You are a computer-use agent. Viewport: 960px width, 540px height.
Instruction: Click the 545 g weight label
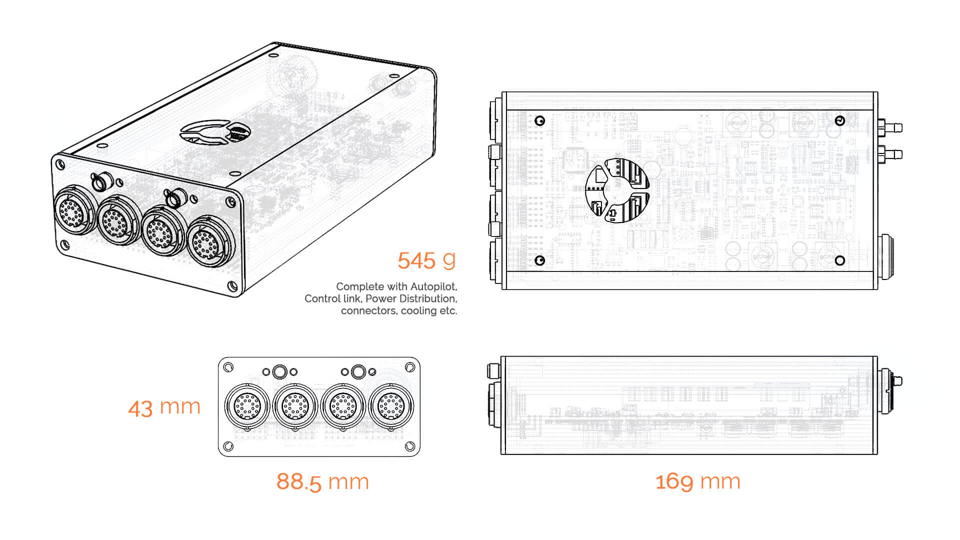click(x=426, y=260)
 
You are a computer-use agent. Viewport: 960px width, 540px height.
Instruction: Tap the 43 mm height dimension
click(x=164, y=407)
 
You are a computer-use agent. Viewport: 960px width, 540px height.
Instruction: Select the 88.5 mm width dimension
click(x=322, y=482)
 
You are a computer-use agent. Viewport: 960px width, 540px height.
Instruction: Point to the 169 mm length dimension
click(x=697, y=481)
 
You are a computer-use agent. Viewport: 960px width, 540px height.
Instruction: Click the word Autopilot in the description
click(x=433, y=286)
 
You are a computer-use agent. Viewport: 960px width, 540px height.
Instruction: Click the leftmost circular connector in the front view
click(x=247, y=406)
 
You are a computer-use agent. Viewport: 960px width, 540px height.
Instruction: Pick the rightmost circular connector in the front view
click(x=391, y=406)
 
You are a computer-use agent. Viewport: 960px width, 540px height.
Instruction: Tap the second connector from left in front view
click(x=295, y=406)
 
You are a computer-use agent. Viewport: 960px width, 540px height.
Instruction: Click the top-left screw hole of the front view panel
click(x=228, y=367)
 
